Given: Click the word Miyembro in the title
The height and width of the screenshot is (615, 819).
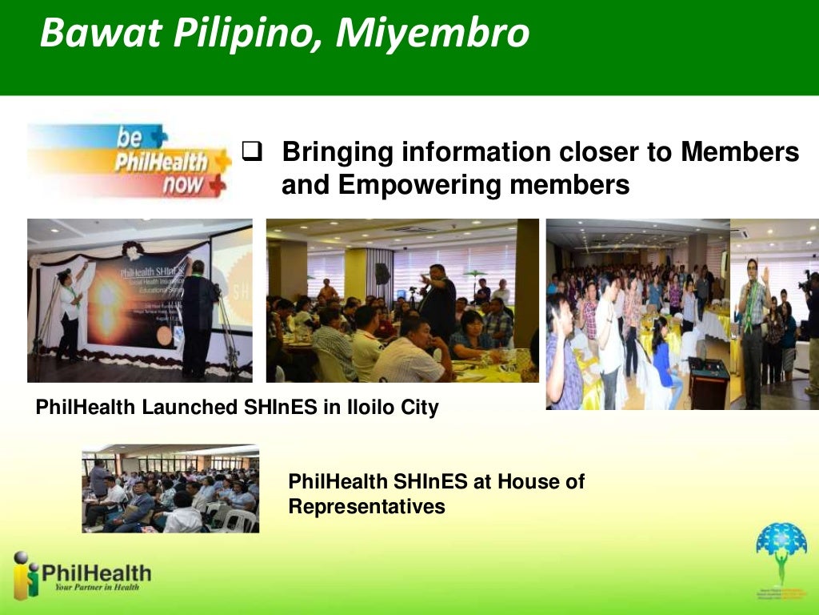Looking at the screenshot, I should pyautogui.click(x=433, y=34).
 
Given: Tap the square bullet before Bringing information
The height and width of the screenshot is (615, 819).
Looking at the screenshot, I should pyautogui.click(x=253, y=150).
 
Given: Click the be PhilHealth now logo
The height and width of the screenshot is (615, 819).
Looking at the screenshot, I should pyautogui.click(x=128, y=160).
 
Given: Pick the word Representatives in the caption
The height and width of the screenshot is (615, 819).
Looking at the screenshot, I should pyautogui.click(x=366, y=507).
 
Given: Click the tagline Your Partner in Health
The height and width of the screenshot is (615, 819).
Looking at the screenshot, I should pyautogui.click(x=96, y=587).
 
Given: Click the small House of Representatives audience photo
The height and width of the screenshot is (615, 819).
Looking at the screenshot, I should pyautogui.click(x=170, y=488).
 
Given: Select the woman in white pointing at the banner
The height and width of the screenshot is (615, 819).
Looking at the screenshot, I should pyautogui.click(x=70, y=308).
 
